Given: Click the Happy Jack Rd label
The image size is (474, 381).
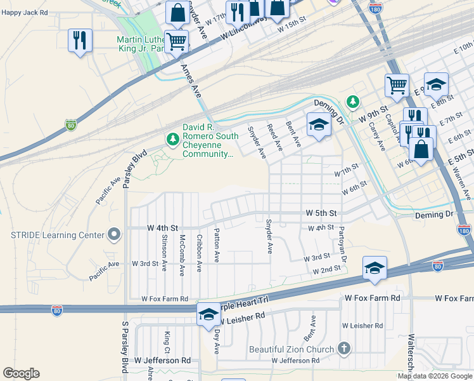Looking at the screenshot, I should tap(25, 12).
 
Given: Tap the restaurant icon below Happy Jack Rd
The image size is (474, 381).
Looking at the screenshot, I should tap(80, 41).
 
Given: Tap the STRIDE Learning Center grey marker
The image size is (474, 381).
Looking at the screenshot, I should tap(114, 235).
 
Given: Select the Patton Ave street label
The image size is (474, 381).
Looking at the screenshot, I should tap(217, 245).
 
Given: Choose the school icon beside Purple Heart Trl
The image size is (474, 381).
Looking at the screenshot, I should tap(208, 314).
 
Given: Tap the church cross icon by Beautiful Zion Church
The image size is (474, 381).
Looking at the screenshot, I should tap(343, 349).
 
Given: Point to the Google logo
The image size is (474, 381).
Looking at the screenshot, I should tap(21, 373).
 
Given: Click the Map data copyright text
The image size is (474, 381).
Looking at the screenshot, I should tap(435, 376).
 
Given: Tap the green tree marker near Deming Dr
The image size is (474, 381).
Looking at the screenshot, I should tap(352, 102).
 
